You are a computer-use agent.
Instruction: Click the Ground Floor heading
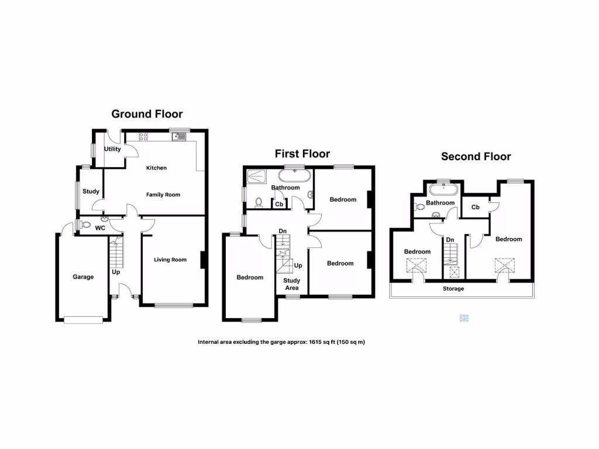(147, 114)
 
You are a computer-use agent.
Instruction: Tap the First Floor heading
(302, 154)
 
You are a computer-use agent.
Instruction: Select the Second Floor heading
(476, 156)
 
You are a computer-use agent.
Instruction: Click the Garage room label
(83, 277)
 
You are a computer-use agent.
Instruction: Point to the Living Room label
(170, 260)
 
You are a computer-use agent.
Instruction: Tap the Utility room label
(112, 149)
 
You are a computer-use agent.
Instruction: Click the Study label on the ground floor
(91, 191)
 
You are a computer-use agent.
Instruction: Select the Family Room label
(163, 195)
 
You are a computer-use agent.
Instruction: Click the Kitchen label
(156, 168)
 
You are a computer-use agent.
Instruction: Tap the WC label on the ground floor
(100, 228)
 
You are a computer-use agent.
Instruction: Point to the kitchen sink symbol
(178, 137)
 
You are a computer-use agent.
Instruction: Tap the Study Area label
(291, 284)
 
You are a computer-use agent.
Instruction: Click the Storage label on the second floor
(453, 289)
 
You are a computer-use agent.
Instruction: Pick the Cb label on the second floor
(475, 207)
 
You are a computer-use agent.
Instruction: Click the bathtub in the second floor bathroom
(444, 189)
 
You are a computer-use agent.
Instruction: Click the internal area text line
(281, 342)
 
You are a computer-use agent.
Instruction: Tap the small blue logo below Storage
(464, 319)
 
